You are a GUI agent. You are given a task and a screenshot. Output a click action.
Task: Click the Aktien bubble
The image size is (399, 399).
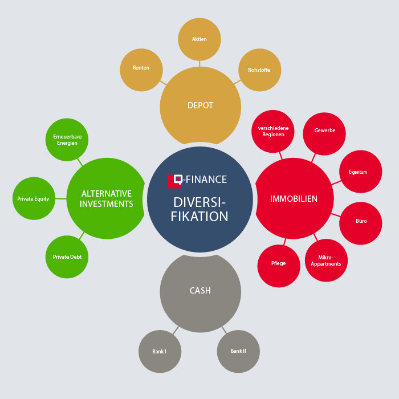(x=199, y=39)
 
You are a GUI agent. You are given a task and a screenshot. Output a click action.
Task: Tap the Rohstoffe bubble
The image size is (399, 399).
(x=259, y=70)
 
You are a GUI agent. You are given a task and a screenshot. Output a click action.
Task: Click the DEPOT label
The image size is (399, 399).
(x=200, y=105)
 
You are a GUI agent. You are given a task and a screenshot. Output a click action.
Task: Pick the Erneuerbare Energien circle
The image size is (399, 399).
(x=67, y=140)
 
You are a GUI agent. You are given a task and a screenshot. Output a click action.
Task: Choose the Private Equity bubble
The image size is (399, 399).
(x=34, y=199)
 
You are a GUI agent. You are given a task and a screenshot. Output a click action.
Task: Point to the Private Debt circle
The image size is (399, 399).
(x=67, y=257)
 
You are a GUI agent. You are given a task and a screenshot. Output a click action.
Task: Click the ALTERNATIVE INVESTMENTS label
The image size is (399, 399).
(x=107, y=198)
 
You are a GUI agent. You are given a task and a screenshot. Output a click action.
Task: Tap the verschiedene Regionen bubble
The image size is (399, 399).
(x=273, y=131)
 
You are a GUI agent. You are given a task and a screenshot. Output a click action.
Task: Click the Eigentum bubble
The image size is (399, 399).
(x=361, y=172)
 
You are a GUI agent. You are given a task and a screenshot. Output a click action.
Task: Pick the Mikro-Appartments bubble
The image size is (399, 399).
(x=326, y=260)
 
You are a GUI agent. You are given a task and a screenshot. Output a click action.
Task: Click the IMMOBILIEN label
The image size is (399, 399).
(x=294, y=199)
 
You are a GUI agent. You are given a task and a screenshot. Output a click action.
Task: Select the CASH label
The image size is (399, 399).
(x=200, y=291)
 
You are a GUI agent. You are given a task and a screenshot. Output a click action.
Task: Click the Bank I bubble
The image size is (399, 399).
(x=160, y=352)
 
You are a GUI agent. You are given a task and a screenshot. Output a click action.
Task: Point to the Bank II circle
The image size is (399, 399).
(x=238, y=351)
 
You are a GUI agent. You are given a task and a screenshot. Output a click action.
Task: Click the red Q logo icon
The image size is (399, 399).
(x=175, y=181)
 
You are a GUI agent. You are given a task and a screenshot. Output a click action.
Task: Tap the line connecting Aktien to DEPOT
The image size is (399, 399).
(x=199, y=64)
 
